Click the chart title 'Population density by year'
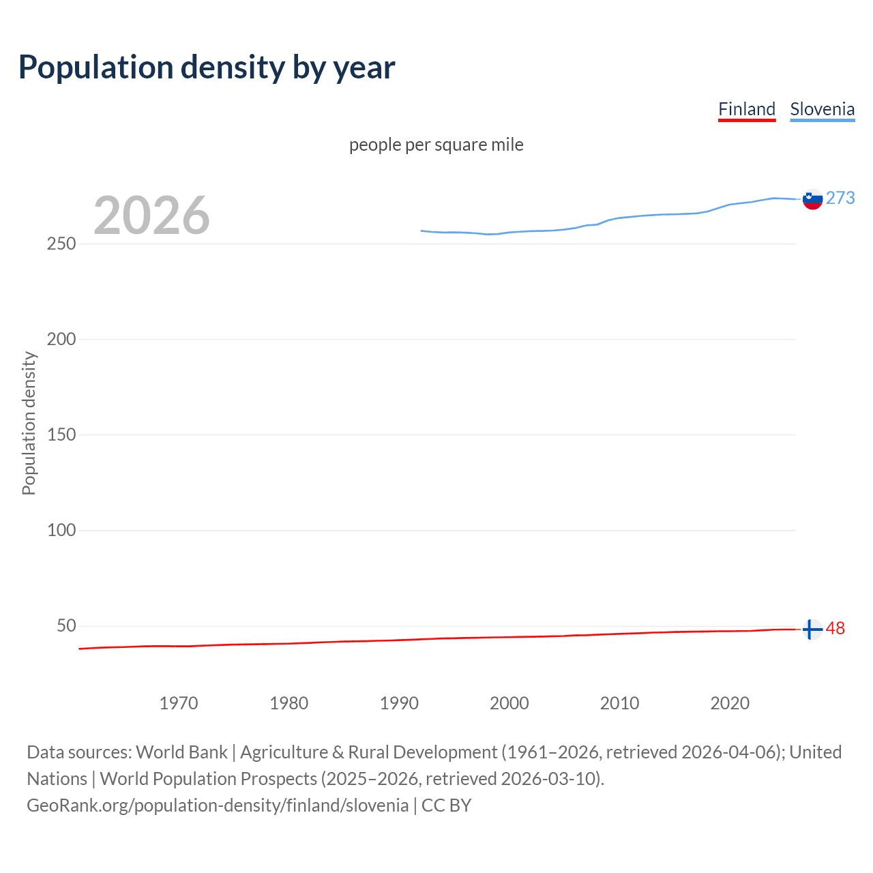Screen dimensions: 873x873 [x=207, y=67]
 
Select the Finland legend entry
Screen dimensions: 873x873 [x=747, y=109]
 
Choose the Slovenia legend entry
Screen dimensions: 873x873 [x=822, y=109]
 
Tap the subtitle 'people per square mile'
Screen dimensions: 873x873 [x=436, y=145]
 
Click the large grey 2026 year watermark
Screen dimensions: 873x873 [x=151, y=216]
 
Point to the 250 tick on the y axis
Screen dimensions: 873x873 [x=61, y=243]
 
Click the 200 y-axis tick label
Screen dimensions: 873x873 [x=61, y=339]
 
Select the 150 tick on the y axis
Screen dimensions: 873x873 [x=61, y=434]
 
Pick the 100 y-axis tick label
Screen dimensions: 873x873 [x=61, y=530]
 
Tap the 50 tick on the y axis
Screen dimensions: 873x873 [x=66, y=625]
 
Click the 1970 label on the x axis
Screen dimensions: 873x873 [x=179, y=703]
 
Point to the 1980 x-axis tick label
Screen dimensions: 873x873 [x=289, y=703]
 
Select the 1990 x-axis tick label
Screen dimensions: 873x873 [x=399, y=703]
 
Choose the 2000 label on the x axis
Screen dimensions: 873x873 [x=509, y=703]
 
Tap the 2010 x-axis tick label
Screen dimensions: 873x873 [x=619, y=703]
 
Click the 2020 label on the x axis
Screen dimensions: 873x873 [x=730, y=703]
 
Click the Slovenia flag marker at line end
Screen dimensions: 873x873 [x=812, y=199]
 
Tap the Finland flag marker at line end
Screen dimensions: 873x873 [x=812, y=629]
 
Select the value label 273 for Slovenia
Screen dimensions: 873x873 [x=840, y=198]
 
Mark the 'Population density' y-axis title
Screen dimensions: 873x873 [x=29, y=423]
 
